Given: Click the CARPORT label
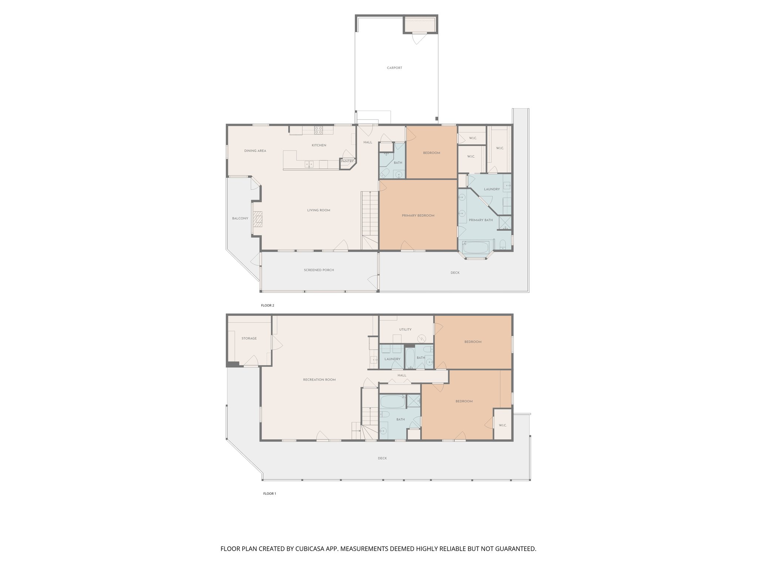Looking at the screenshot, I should (394, 68).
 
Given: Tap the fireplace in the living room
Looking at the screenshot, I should (257, 219).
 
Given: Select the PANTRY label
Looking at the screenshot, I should (347, 161).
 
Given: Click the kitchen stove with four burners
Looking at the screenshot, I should (318, 130).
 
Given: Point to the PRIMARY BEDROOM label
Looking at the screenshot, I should (418, 216).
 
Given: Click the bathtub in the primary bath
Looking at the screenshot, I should (475, 247).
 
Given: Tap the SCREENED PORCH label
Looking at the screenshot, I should (319, 270).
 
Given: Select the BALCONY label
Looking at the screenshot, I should (240, 219).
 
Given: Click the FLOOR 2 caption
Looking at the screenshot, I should (268, 305).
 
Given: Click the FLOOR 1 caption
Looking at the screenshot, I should (269, 494).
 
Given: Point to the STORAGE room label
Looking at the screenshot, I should (249, 338).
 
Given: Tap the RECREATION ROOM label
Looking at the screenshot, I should (319, 380).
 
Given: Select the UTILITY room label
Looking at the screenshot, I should (405, 329).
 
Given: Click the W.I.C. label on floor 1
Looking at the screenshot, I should (502, 425).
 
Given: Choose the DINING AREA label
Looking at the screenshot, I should (255, 151).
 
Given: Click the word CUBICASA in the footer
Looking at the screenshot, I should (310, 549).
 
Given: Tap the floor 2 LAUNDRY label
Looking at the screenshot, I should (492, 189).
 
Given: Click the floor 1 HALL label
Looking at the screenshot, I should (402, 375).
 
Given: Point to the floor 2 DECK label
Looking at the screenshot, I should (455, 273).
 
